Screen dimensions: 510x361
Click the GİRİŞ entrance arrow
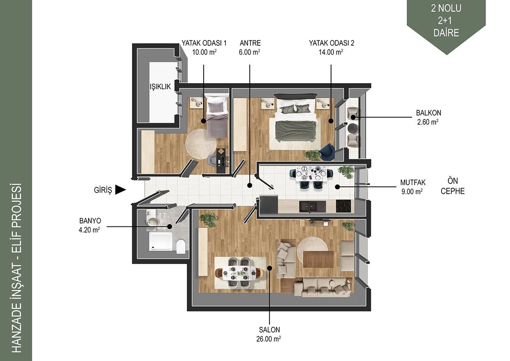click(121, 190)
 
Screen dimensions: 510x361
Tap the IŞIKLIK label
click(160, 86)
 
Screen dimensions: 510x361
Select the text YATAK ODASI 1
click(204, 43)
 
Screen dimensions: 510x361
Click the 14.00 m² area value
click(331, 52)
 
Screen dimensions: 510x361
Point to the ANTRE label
click(250, 43)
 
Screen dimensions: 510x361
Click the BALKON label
click(429, 113)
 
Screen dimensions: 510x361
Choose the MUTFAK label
click(413, 182)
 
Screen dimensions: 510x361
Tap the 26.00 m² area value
click(269, 339)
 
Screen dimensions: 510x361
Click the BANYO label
click(90, 221)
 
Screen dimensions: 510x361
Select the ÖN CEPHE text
click(452, 186)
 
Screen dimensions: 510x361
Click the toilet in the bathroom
click(181, 246)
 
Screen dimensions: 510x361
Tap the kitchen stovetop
click(343, 206)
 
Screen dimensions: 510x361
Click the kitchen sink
click(313, 207)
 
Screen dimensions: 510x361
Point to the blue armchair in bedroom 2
click(327, 151)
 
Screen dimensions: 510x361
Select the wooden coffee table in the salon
click(318, 259)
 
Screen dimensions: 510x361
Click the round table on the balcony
click(352, 128)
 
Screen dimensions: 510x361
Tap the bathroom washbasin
click(152, 221)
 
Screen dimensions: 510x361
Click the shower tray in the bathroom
click(160, 241)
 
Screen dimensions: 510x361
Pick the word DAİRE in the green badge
click(446, 33)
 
